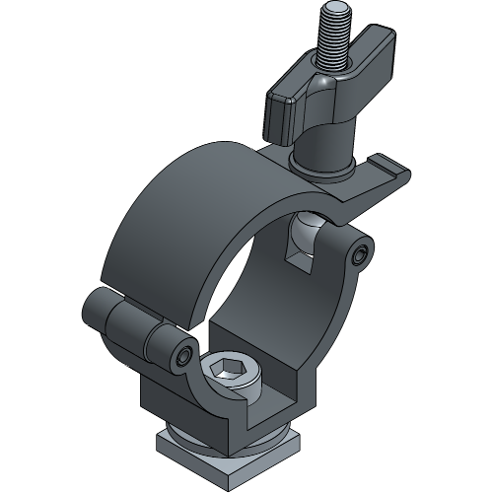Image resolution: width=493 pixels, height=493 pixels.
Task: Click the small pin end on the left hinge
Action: pyautogui.click(x=185, y=355)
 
